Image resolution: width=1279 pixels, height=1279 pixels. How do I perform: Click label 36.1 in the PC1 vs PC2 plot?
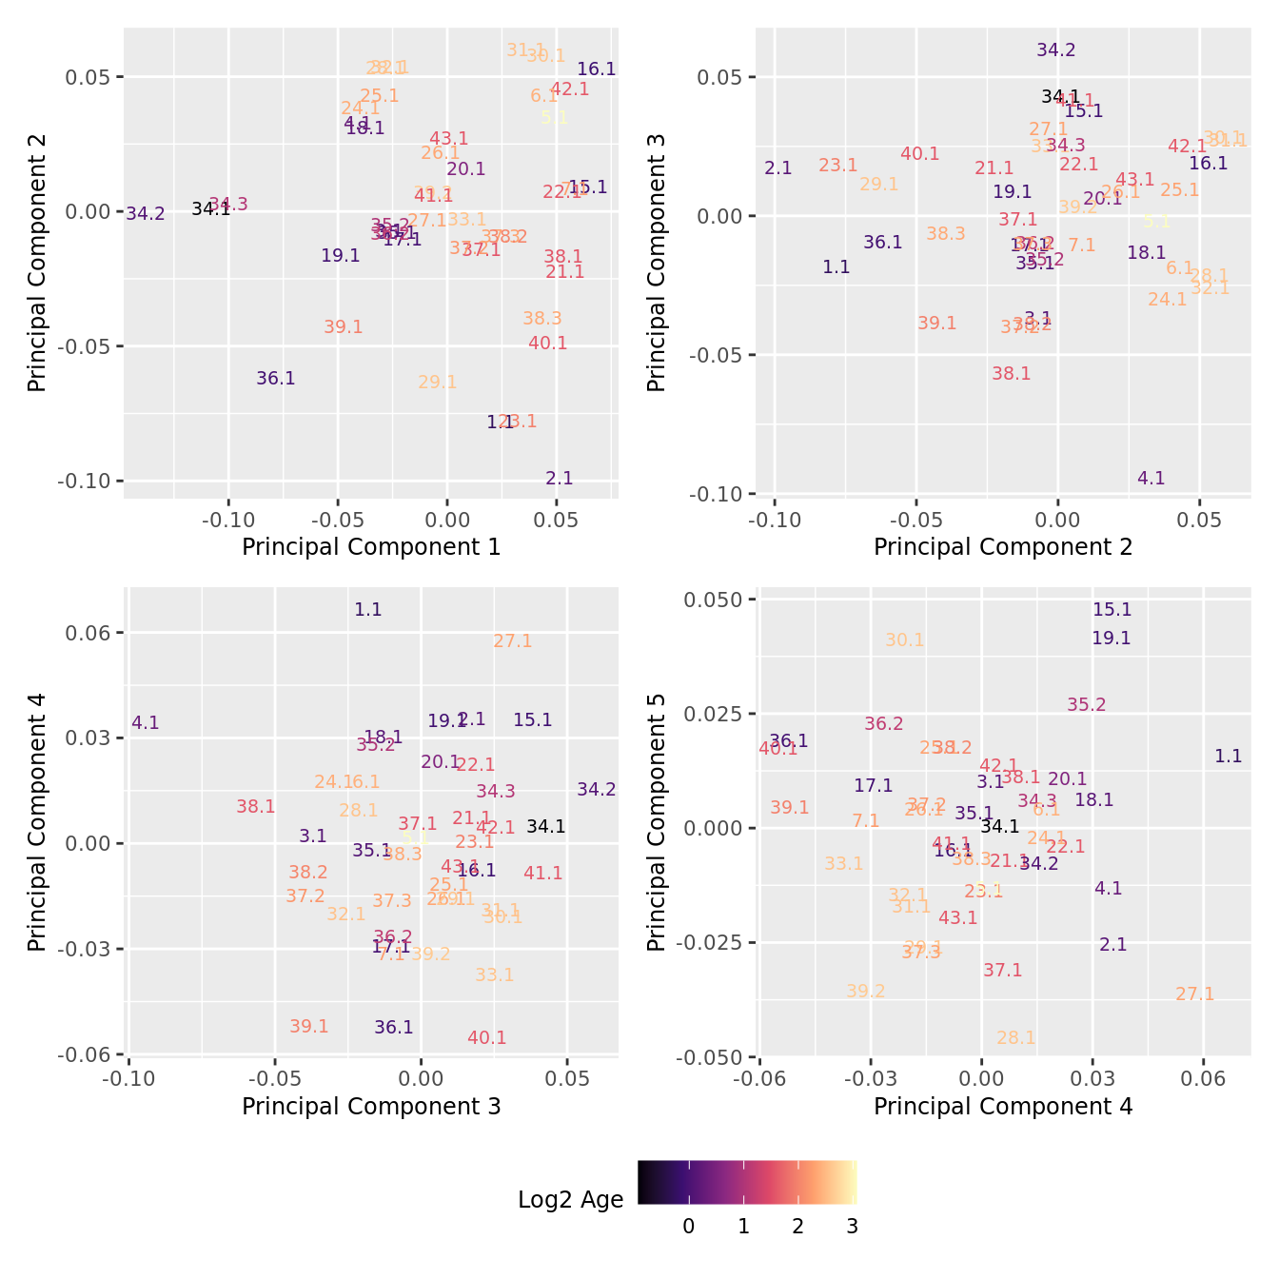tap(276, 379)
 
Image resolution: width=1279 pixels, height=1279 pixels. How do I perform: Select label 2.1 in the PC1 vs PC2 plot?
tap(560, 479)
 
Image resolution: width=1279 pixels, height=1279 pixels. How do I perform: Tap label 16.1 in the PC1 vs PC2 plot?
tap(597, 69)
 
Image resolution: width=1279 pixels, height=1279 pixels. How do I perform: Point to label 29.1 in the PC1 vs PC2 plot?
tap(438, 383)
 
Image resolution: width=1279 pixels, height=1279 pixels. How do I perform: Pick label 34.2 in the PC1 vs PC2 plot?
tap(146, 214)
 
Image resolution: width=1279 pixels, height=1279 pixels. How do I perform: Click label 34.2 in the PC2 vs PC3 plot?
tap(1056, 50)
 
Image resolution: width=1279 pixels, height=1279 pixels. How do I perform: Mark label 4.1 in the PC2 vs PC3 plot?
tap(1151, 479)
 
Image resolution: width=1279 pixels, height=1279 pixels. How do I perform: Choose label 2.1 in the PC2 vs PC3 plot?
tap(778, 168)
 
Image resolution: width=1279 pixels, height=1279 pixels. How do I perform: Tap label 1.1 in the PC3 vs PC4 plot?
tap(368, 610)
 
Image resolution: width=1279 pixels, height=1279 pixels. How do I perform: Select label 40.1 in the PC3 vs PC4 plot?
tap(487, 1038)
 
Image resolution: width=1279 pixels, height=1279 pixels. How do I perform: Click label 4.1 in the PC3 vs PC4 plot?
tap(146, 723)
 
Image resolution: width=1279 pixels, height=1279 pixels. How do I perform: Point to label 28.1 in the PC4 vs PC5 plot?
tap(1016, 1038)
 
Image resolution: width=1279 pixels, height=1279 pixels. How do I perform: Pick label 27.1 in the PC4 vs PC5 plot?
tap(1195, 994)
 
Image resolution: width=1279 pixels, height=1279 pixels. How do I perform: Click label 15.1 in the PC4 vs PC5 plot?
tap(1112, 610)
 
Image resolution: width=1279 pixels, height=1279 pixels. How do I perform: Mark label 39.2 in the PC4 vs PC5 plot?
tap(866, 992)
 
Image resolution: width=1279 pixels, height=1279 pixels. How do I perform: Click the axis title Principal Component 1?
tap(371, 547)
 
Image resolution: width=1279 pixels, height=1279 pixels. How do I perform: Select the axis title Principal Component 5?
tap(657, 823)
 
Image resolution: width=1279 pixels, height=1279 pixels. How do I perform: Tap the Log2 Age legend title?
tap(571, 1200)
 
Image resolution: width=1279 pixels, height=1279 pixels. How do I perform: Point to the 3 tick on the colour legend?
tap(853, 1227)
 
